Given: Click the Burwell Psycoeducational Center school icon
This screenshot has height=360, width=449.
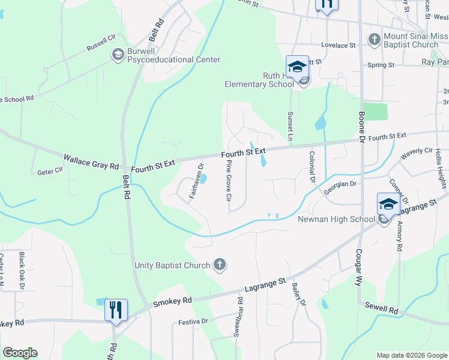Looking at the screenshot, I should (118, 55).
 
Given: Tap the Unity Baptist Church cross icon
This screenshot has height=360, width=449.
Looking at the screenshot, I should (220, 265).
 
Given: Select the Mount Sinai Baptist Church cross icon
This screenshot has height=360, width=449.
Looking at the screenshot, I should (374, 40).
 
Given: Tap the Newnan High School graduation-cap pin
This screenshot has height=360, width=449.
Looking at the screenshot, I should (388, 205).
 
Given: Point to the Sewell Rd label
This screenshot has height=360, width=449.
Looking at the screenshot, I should (382, 308).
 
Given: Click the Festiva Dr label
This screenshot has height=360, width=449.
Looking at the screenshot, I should (193, 322).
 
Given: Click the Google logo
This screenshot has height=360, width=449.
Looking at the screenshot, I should (20, 353).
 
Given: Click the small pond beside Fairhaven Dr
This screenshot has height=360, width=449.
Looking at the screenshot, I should (203, 178).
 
